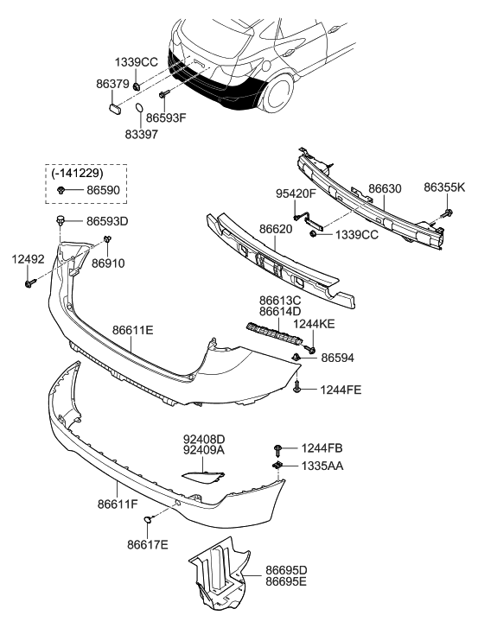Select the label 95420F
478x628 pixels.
(x=296, y=194)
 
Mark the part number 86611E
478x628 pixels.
(x=132, y=328)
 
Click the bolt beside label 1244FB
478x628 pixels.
(x=277, y=448)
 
